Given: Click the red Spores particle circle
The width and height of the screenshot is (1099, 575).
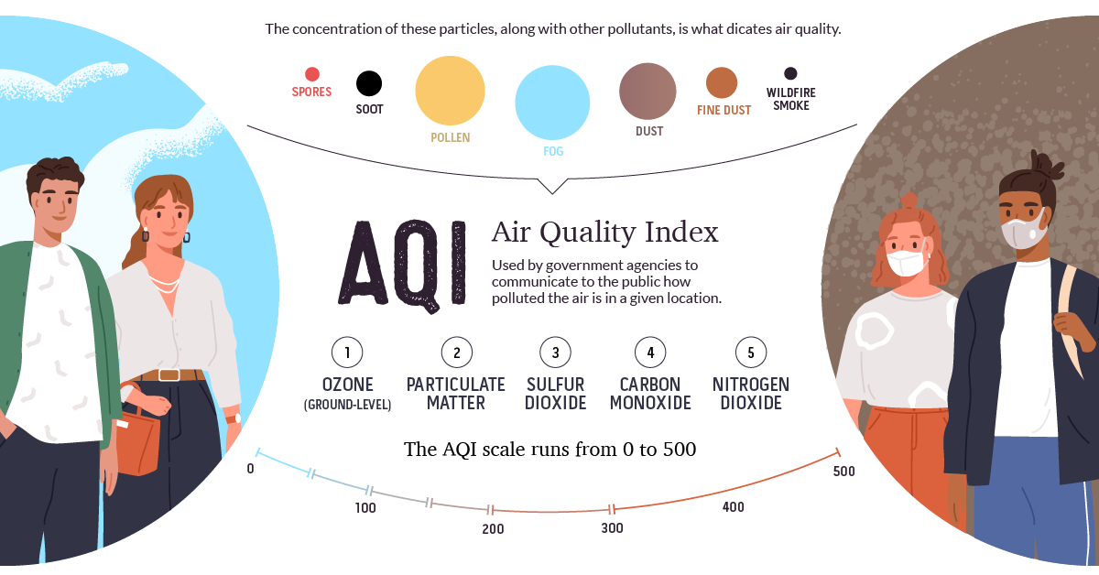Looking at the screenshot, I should point(311,74).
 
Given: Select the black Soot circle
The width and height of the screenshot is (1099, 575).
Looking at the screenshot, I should point(369,84).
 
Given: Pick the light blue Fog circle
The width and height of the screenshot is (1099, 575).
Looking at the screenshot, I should point(552,102).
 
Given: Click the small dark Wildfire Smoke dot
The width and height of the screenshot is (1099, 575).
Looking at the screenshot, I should point(790,73).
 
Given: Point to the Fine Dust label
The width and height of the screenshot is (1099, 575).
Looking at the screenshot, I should point(724,110).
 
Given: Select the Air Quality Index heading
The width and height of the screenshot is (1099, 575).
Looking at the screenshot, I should point(604,233).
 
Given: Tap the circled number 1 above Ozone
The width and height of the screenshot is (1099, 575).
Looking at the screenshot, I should point(347,352).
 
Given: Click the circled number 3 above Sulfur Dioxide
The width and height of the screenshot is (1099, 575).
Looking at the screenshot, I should point(555,352).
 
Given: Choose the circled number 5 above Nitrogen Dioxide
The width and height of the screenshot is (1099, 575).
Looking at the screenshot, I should point(751,352).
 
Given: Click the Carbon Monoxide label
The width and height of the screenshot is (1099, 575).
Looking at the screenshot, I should point(650,394).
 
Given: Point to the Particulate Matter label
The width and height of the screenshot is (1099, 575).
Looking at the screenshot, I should point(456,394).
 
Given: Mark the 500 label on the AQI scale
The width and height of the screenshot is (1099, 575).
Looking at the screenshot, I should point(844,472).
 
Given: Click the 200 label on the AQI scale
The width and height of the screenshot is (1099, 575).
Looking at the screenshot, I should point(493,529).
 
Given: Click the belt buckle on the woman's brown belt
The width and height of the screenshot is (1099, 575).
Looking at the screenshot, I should point(169,374).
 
